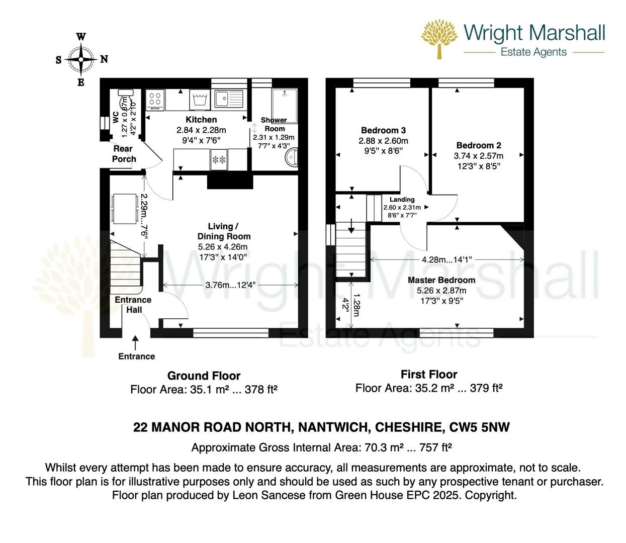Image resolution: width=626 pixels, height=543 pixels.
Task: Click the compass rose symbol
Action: (81, 59)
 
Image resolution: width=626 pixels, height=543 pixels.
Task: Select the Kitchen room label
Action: (201, 120)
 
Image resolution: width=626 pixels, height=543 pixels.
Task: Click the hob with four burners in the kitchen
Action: (155, 100)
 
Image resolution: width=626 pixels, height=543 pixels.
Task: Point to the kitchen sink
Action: (228, 99)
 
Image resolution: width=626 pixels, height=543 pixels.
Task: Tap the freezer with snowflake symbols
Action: (219, 160)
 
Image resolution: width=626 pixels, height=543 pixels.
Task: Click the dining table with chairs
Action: (125, 208)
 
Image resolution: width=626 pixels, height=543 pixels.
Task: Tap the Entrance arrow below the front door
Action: (135, 343)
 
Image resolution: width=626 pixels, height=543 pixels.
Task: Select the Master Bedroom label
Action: (441, 280)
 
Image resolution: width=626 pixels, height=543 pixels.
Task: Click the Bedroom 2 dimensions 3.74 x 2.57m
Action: (478, 156)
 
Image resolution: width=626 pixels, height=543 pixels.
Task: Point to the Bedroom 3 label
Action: (383, 131)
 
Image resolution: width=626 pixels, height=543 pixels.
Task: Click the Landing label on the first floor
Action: (402, 200)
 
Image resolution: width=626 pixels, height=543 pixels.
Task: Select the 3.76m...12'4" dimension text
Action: (230, 285)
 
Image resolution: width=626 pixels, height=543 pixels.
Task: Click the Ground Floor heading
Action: (204, 376)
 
